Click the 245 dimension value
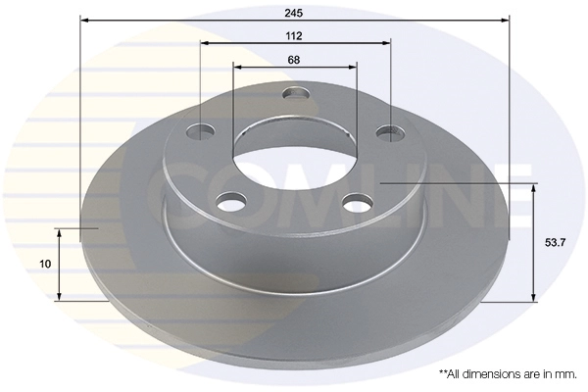(x=294, y=13)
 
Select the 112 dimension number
(x=294, y=36)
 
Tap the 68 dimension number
(x=294, y=60)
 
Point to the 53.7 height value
(x=555, y=243)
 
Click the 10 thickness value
(x=45, y=264)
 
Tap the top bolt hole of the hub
(x=296, y=93)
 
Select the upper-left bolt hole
(x=201, y=131)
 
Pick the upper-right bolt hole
(x=390, y=133)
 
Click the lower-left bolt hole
(x=232, y=202)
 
